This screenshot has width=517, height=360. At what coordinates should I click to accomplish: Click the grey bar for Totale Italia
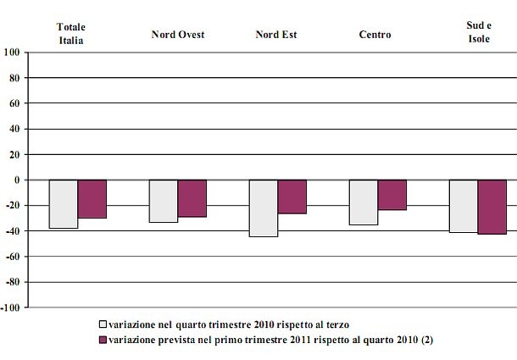pyautogui.click(x=64, y=204)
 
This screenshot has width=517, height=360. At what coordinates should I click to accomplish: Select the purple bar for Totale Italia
pyautogui.click(x=92, y=199)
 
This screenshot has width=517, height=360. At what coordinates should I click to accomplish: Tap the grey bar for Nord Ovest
pyautogui.click(x=164, y=202)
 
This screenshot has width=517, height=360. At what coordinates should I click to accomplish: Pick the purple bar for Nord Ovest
pyautogui.click(x=192, y=198)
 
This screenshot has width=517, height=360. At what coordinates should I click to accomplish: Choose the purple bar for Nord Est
pyautogui.click(x=292, y=197)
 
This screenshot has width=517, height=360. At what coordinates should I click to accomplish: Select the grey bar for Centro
pyautogui.click(x=364, y=202)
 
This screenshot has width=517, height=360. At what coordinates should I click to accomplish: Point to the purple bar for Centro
pyautogui.click(x=392, y=195)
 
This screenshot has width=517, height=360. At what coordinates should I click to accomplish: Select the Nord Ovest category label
pyautogui.click(x=178, y=35)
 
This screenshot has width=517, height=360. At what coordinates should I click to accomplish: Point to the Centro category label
pyautogui.click(x=377, y=35)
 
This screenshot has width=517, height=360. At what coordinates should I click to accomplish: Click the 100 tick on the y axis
pyautogui.click(x=13, y=53)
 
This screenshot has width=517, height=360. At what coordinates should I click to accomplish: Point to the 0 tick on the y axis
pyautogui.click(x=18, y=180)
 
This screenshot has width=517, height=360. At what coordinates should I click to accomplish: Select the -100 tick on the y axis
pyautogui.click(x=11, y=308)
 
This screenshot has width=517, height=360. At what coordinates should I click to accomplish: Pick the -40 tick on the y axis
pyautogui.click(x=14, y=231)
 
